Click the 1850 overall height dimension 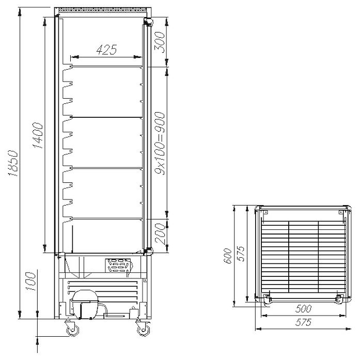(13, 163)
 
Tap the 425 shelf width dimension (107, 50)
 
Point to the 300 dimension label (160, 42)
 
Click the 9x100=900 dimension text (160, 143)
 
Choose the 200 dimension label (160, 234)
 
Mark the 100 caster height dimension (31, 281)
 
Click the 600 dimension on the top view (228, 256)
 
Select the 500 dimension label (304, 309)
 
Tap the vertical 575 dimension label (241, 254)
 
